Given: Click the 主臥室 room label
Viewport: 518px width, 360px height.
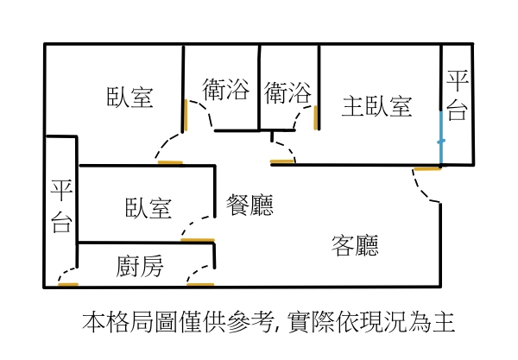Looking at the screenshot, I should tap(376, 107).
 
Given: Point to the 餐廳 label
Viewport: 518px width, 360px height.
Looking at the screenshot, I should tap(250, 205).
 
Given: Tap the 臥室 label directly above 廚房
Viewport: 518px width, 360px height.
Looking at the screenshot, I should tap(148, 208).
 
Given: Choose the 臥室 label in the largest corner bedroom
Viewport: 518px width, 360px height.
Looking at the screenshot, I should tap(130, 98).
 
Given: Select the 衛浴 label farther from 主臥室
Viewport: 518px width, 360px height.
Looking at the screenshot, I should tap(225, 90).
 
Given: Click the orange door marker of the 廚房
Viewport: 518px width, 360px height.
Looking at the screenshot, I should tap(200, 283).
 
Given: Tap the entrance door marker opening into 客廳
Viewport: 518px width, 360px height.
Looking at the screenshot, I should tap(426, 168).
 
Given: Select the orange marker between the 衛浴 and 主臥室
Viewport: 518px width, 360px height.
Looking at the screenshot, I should tap(316, 117).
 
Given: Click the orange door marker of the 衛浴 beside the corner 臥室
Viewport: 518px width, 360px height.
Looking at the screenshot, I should tap(184, 116).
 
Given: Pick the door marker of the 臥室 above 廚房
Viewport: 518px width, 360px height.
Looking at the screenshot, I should tap(198, 239).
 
